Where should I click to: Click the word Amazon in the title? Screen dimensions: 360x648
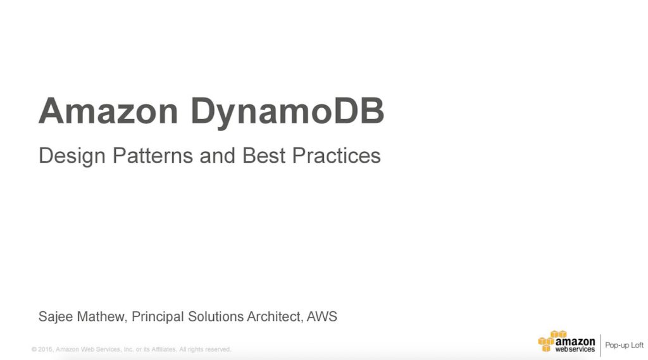[108, 111]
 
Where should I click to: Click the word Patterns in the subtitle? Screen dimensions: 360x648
[154, 156]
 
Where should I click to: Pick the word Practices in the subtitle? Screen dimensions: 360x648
[336, 156]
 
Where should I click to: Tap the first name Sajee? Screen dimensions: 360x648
[55, 317]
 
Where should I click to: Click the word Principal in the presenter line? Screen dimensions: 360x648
[158, 317]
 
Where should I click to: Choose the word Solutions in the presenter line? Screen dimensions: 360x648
[216, 317]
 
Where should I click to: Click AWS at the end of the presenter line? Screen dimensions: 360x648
[321, 317]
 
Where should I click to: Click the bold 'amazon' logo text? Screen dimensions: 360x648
[575, 340]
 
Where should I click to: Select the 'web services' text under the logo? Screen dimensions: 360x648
[575, 349]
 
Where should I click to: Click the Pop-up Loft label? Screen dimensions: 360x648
[625, 345]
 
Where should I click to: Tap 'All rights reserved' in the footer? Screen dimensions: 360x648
[206, 349]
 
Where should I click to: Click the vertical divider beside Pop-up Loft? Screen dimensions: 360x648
[600, 345]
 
